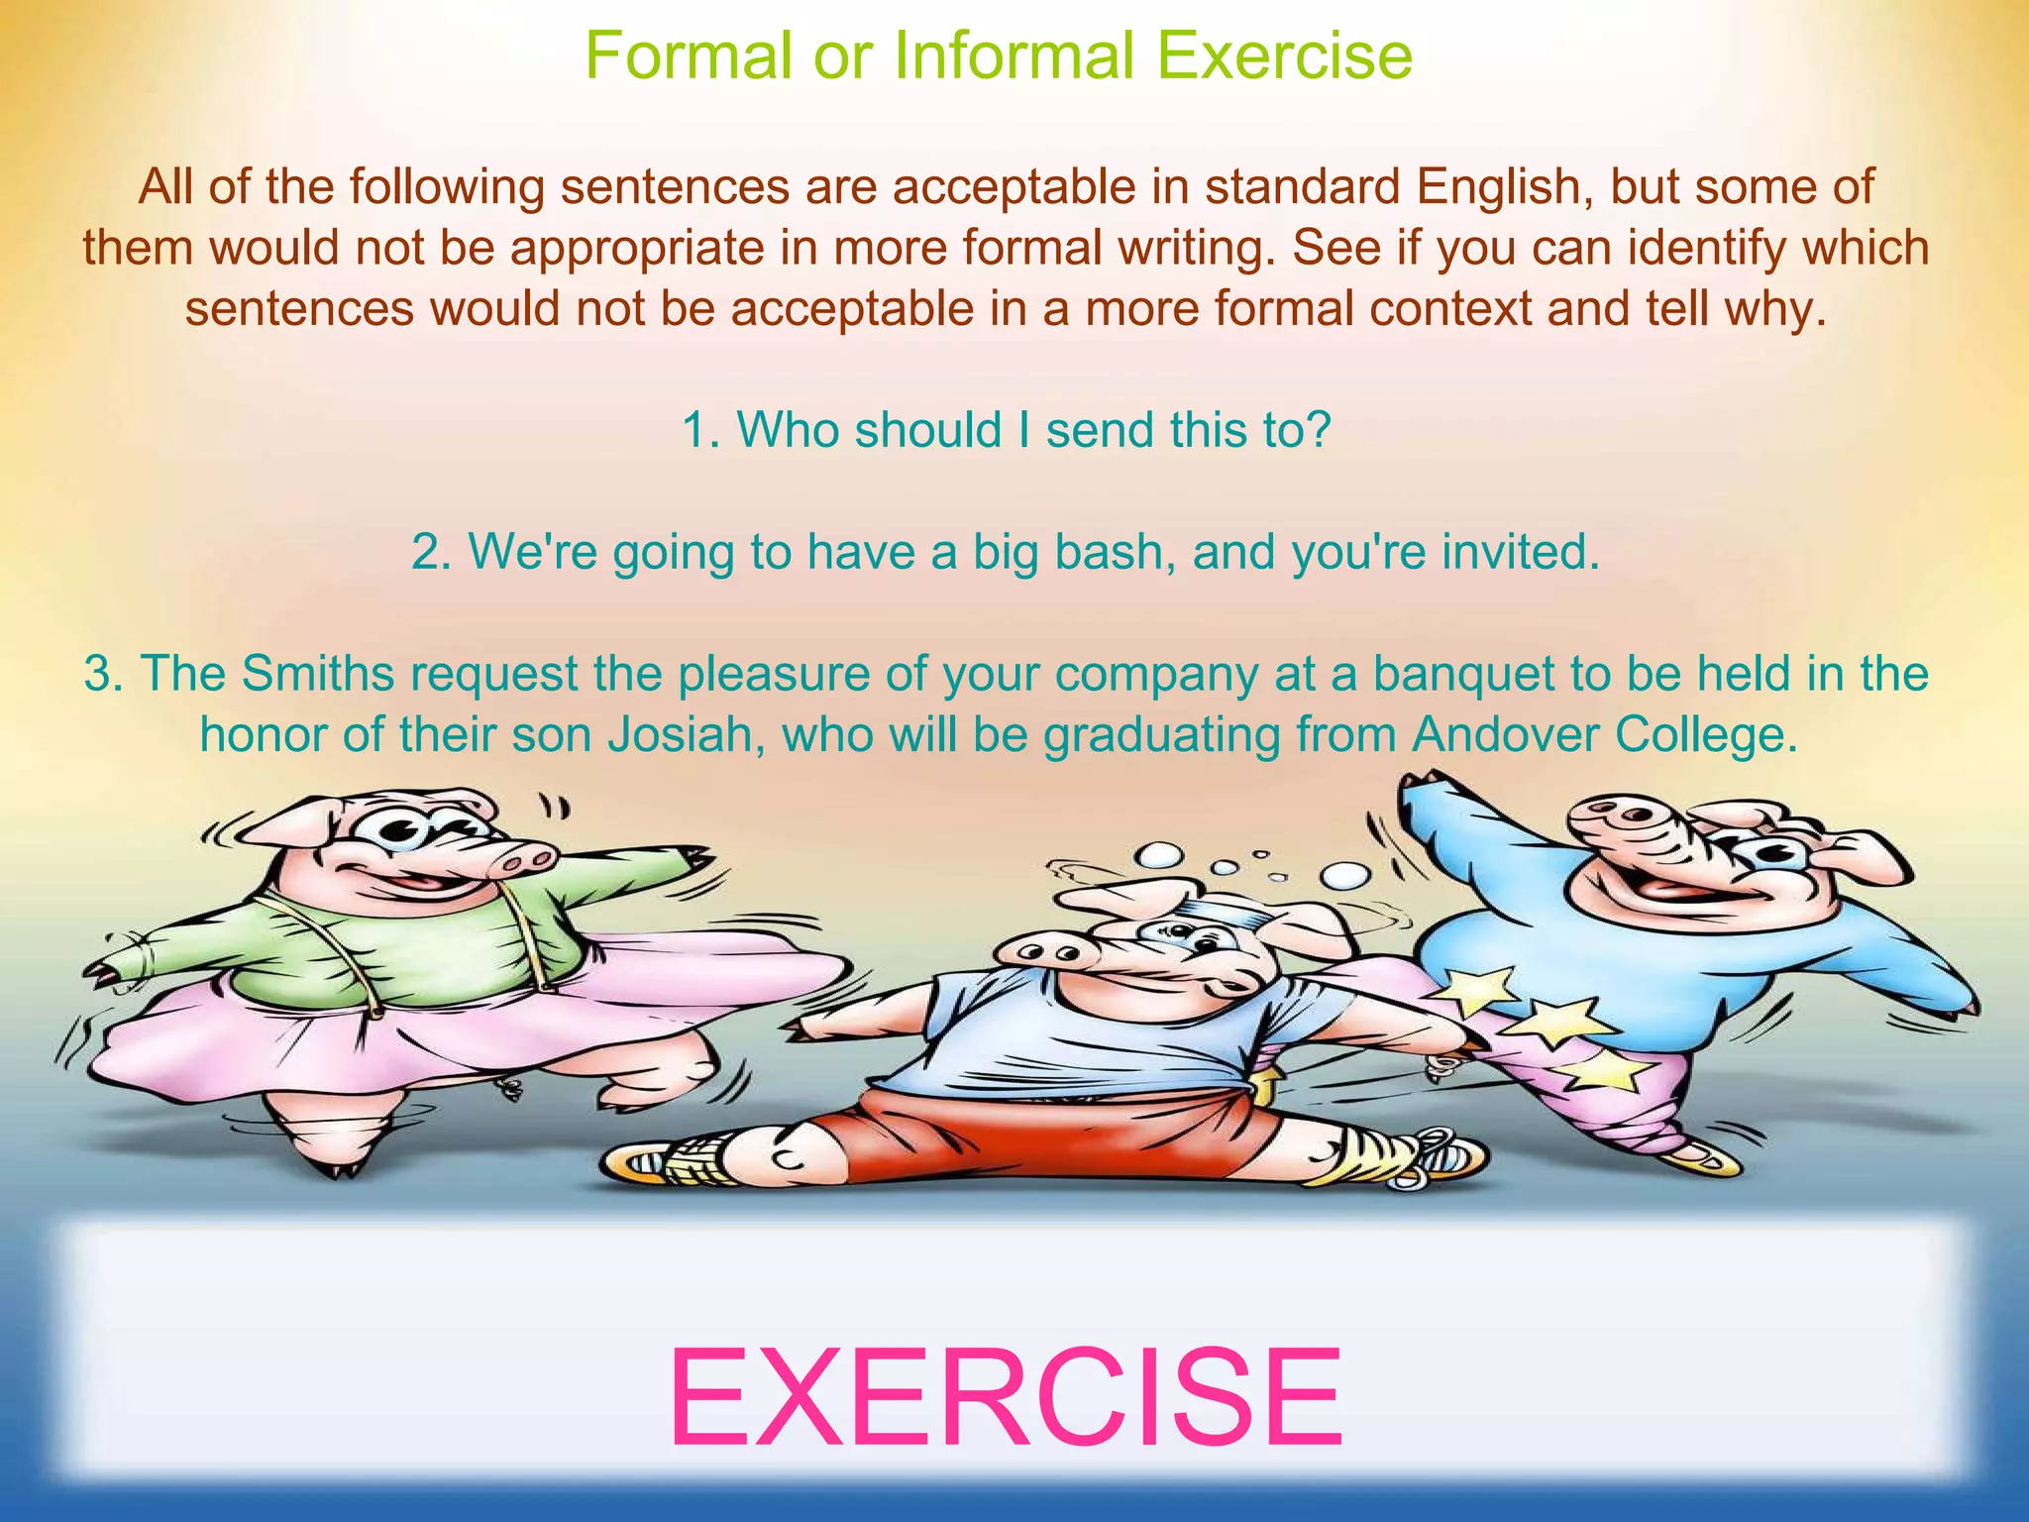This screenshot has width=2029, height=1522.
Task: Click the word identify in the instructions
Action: [x=1730, y=248]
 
